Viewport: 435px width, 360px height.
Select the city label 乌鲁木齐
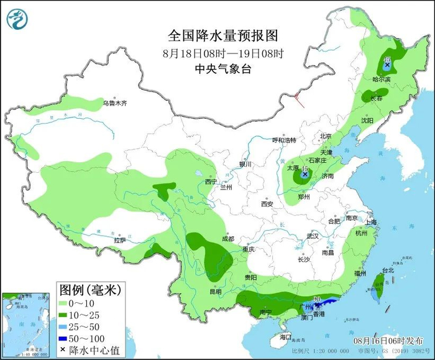[114, 103]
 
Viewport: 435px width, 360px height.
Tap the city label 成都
[228, 239]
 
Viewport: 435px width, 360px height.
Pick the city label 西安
[267, 203]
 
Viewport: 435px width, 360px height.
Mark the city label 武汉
[312, 236]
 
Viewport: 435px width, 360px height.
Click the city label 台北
[388, 270]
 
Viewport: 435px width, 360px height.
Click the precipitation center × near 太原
[304, 175]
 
